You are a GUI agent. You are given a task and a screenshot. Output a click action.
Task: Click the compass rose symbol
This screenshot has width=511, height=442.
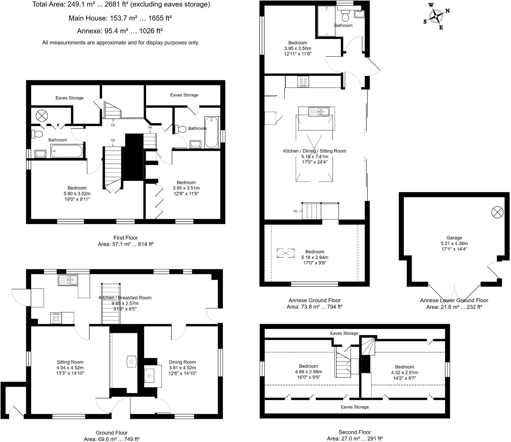(x=436, y=16)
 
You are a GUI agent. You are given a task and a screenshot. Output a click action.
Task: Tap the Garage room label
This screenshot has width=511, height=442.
(x=454, y=238)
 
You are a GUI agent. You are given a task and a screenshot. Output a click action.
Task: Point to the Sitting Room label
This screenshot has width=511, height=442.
(x=70, y=362)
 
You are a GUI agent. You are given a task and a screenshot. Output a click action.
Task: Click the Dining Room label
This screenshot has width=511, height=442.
(x=182, y=362)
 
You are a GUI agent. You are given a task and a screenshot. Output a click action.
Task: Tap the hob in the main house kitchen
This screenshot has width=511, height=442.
(x=56, y=318)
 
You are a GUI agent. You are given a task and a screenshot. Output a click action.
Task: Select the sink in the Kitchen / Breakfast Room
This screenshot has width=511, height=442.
(x=68, y=280)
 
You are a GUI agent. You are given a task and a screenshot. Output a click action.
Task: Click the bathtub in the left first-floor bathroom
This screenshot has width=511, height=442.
(x=67, y=151)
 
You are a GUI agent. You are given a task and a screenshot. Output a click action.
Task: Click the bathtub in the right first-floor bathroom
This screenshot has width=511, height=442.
(x=212, y=132)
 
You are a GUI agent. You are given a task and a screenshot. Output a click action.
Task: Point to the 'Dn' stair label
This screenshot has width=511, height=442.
(x=113, y=125)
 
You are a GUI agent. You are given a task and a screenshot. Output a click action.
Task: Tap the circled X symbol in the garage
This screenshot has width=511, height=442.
(x=497, y=212)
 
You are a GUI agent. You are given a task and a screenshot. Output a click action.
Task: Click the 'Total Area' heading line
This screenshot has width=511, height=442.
(x=121, y=5)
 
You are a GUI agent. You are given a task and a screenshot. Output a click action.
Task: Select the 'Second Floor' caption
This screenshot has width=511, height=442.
(x=355, y=432)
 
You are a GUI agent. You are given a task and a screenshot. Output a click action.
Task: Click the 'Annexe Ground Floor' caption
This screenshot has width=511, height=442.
(x=314, y=300)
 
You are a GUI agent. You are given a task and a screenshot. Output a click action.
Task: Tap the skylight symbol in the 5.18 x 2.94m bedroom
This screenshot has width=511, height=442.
(x=286, y=253)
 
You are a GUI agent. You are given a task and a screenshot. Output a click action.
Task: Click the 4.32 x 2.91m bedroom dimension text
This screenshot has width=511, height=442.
(x=404, y=372)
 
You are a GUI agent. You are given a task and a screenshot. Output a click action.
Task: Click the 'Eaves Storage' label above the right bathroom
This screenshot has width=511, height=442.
(x=184, y=95)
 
